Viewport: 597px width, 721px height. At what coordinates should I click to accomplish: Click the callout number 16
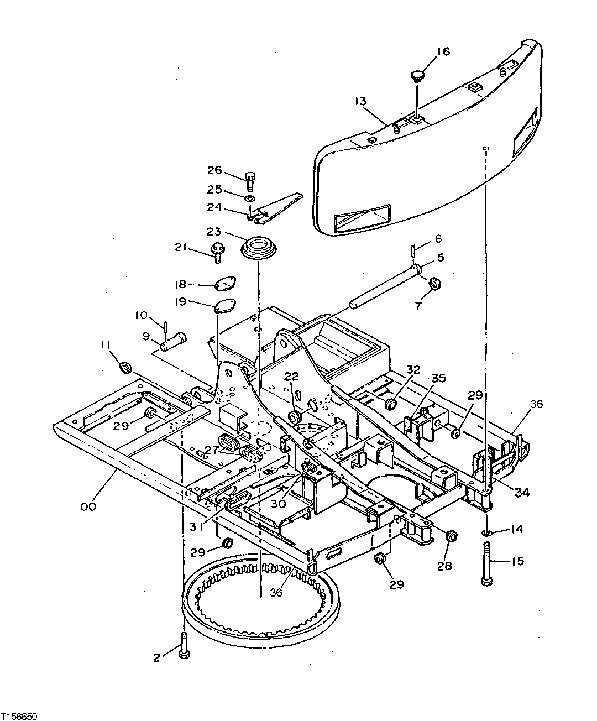(443, 51)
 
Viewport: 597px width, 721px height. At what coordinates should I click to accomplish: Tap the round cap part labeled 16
(417, 74)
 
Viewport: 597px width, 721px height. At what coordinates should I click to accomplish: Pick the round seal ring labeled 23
(258, 247)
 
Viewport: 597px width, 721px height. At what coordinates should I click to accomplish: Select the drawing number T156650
(19, 715)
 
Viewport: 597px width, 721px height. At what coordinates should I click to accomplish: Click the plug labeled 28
(451, 535)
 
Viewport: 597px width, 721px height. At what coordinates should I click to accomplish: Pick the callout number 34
(522, 492)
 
